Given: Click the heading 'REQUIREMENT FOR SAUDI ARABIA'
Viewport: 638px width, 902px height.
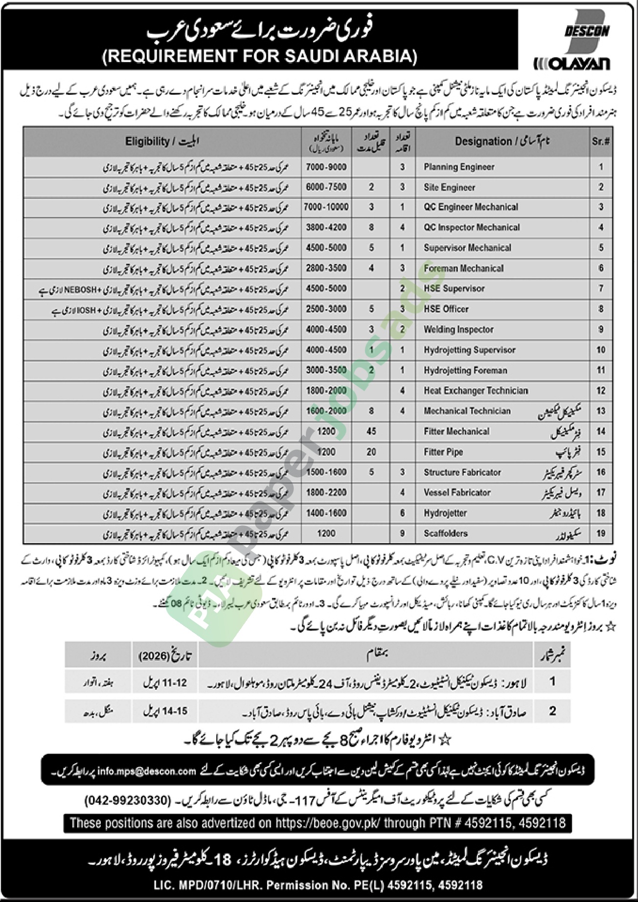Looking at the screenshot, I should [260, 57].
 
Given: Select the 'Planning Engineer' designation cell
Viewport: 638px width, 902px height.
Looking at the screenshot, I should [459, 167].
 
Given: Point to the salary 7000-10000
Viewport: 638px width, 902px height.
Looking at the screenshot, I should [326, 207].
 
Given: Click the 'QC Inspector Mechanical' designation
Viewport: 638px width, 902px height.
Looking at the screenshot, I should [472, 227].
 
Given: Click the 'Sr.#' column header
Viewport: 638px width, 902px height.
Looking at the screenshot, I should [600, 142].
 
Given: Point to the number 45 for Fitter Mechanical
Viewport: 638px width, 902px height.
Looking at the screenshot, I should [371, 431].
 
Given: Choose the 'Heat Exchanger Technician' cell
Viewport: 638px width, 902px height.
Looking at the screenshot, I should [476, 391].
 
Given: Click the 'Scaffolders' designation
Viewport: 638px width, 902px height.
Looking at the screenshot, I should [446, 533].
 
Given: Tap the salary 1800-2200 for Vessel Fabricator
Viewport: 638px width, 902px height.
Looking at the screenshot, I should [326, 493].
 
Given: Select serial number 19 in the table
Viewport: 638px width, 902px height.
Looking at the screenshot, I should [601, 533].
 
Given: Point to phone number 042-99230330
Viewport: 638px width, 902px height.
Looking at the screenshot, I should [129, 801].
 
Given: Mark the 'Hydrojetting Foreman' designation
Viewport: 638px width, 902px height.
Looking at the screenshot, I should [465, 371].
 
